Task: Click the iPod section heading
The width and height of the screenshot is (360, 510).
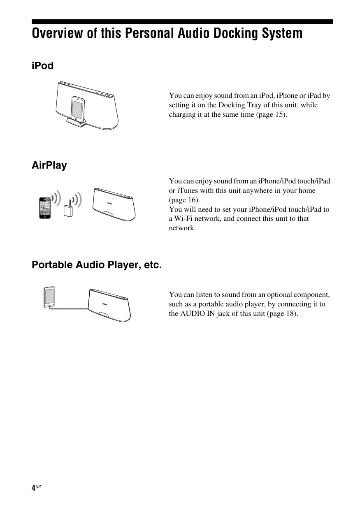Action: pos(43,66)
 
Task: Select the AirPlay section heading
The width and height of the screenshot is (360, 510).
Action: pos(49,165)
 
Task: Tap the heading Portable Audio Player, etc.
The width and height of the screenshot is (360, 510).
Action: pos(97,265)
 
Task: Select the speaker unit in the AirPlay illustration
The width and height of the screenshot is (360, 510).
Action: pos(114,204)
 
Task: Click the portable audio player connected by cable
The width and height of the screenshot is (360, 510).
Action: pos(49,297)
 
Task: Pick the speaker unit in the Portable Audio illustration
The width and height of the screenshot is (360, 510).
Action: pos(110,305)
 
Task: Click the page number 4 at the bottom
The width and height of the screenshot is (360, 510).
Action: pos(33,488)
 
